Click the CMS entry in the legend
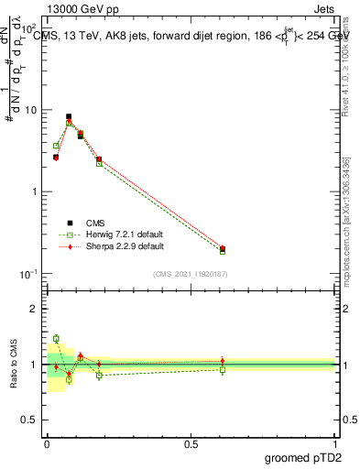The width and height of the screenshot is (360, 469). point(95,223)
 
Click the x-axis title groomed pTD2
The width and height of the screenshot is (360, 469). point(303,456)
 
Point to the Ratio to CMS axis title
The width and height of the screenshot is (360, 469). point(13,365)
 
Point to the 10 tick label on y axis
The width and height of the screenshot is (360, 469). point(29,110)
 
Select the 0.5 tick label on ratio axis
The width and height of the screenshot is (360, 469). point(29,421)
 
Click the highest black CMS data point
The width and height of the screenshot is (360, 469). point(69,116)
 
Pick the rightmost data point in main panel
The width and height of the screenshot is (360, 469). point(223,248)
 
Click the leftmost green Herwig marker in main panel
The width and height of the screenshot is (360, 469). point(56,146)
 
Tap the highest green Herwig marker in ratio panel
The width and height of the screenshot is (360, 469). point(56,339)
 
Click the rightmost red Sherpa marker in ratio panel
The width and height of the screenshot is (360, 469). point(223,361)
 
